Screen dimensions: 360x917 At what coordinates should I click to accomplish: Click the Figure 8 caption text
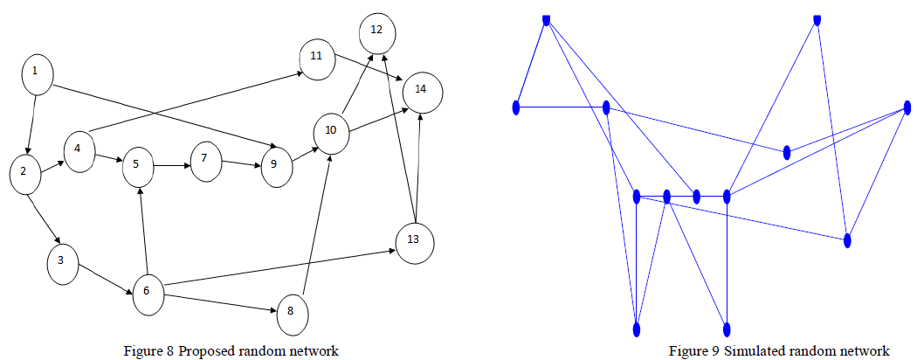(x=231, y=351)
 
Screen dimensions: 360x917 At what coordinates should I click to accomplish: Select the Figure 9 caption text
(x=779, y=351)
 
